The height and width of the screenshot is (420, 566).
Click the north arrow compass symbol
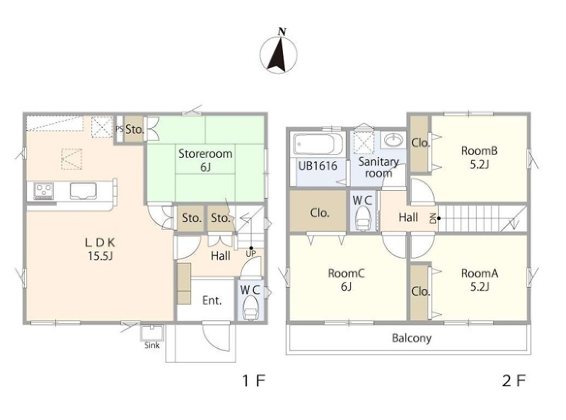[x=278, y=53]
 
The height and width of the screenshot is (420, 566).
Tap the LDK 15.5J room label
[x=100, y=249]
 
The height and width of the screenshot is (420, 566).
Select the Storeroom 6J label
[x=205, y=160]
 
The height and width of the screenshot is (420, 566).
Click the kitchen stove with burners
[x=44, y=190]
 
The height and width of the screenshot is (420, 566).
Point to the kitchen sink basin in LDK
[x=83, y=190]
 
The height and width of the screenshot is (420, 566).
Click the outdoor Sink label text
[x=152, y=345]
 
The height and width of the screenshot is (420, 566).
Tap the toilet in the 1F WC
[x=250, y=310]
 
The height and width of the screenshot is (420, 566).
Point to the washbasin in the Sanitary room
[x=393, y=139]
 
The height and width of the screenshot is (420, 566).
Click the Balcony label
[x=412, y=338]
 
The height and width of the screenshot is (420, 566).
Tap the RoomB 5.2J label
[x=480, y=157]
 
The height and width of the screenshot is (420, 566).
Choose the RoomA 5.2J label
[x=480, y=279]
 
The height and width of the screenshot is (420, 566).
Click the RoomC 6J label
[x=346, y=279]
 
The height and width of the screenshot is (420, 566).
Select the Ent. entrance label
[x=212, y=301]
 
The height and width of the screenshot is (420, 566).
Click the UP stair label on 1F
[x=250, y=253]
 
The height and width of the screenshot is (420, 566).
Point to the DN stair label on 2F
[x=432, y=218]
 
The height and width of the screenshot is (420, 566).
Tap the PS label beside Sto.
[x=120, y=129]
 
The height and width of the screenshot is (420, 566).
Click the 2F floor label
[x=514, y=380]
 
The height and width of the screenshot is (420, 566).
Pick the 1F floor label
[x=254, y=380]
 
